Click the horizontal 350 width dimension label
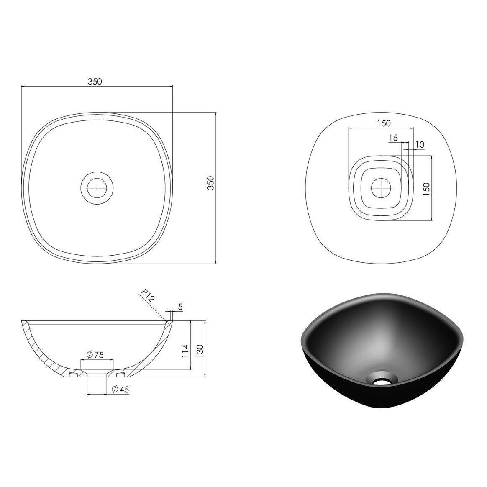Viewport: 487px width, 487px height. [x=95, y=82]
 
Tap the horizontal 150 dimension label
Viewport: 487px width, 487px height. [x=383, y=123]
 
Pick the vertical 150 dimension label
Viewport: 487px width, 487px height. [x=426, y=189]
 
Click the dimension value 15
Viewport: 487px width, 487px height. [x=393, y=138]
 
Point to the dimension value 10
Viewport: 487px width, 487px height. [x=420, y=144]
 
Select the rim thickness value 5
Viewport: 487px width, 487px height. [x=180, y=307]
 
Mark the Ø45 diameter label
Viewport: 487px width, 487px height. [x=120, y=389]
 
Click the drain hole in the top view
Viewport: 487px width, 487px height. [x=97, y=188]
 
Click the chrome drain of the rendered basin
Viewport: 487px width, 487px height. [x=380, y=380]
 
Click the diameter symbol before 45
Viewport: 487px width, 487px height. [x=115, y=389]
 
